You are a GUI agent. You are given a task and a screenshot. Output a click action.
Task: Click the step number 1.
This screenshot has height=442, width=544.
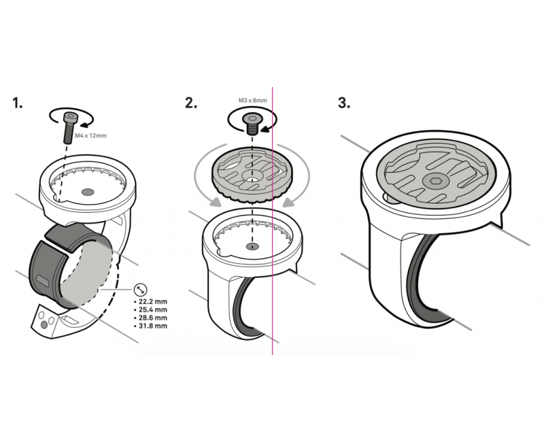(x=18, y=103)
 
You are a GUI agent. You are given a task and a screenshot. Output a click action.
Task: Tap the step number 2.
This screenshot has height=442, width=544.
(x=191, y=103)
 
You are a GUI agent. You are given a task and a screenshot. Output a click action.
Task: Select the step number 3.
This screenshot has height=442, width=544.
(x=344, y=103)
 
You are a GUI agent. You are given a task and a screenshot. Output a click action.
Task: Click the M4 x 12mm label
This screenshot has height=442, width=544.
(x=91, y=135)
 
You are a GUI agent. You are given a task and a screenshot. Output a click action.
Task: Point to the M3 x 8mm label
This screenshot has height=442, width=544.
(x=252, y=100)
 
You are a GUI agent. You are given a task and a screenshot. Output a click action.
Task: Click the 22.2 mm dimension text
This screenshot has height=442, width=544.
(x=150, y=301)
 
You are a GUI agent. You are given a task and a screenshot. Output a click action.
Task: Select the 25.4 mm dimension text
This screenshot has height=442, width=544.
(x=150, y=309)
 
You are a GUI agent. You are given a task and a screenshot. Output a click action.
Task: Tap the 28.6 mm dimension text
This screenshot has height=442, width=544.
(x=150, y=318)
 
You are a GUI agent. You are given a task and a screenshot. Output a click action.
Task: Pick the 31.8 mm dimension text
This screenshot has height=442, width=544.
(x=150, y=326)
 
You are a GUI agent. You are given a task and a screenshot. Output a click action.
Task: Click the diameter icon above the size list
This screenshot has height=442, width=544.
(x=140, y=289)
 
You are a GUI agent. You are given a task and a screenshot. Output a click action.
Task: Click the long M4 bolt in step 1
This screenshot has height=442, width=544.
(x=69, y=128)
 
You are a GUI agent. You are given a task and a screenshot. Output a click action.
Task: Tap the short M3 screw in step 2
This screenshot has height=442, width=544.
(x=252, y=124)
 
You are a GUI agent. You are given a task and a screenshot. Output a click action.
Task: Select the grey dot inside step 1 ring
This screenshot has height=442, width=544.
(x=88, y=192)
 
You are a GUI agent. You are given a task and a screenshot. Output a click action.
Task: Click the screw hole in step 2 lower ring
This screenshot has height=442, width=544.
(x=252, y=246)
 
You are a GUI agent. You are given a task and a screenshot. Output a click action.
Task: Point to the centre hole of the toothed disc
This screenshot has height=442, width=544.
(x=252, y=180)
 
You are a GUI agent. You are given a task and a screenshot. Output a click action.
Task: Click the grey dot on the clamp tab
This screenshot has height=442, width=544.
(x=44, y=325)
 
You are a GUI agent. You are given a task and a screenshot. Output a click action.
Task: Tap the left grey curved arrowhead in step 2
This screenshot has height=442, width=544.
(x=216, y=202)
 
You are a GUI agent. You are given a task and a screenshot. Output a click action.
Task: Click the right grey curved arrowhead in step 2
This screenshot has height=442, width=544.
(x=289, y=202)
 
